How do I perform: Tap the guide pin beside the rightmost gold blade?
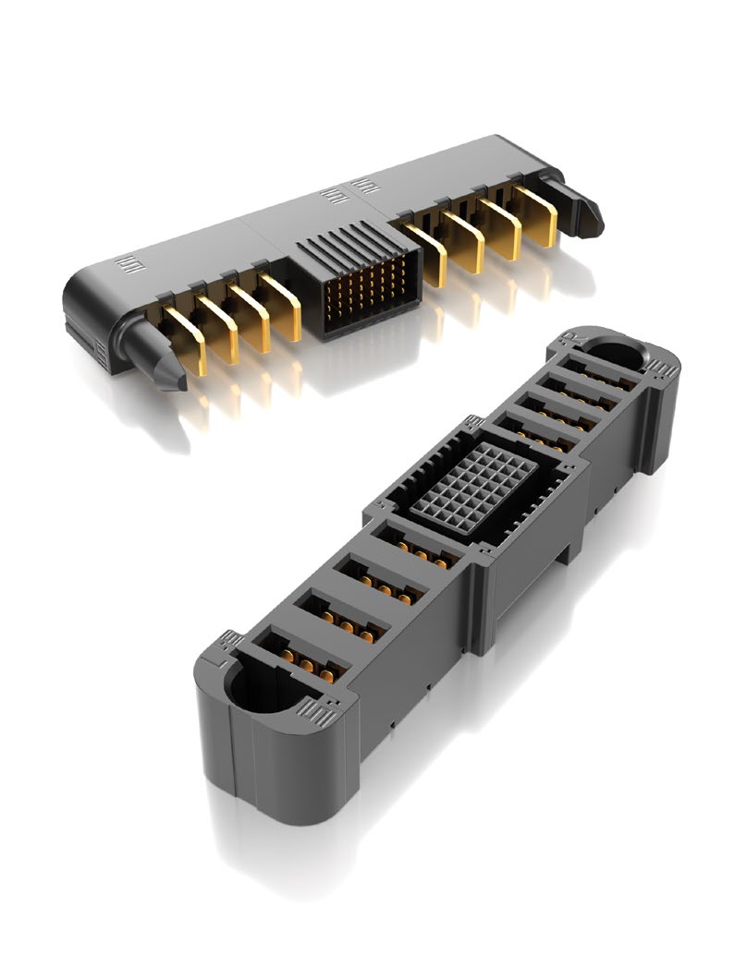coord(584,205)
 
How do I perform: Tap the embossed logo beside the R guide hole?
coord(662,371)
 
